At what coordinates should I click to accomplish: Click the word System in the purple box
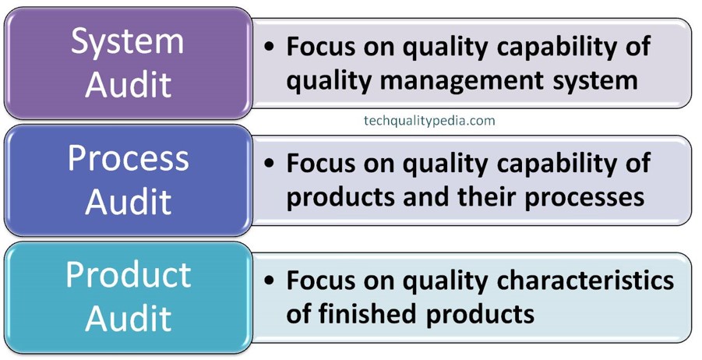tap(128, 41)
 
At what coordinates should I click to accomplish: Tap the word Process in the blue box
tap(129, 158)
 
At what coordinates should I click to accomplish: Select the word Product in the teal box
tap(129, 275)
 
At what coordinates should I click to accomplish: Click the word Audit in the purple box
tap(129, 83)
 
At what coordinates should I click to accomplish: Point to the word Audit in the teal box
tap(129, 317)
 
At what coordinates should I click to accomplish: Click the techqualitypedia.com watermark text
tap(429, 121)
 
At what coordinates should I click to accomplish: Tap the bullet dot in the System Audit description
tap(269, 46)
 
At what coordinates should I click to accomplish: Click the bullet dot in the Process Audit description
tap(269, 163)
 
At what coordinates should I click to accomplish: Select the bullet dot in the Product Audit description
tap(269, 280)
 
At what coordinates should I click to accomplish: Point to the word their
tap(488, 197)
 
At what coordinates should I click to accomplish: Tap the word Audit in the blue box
tap(129, 200)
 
